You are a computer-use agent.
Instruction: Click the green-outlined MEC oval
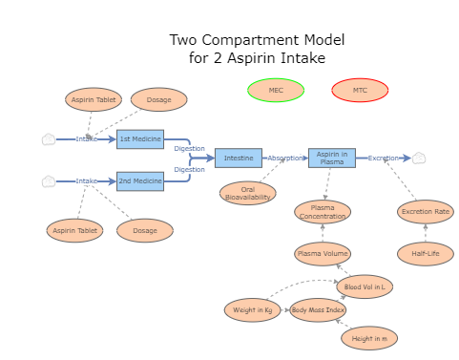point(276,91)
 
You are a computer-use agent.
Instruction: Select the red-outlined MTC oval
point(360,91)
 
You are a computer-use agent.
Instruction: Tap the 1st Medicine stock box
point(140,139)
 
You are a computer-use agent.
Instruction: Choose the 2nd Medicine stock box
point(140,180)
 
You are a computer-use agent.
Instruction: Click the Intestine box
point(239,159)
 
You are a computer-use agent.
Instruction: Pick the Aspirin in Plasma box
point(331,159)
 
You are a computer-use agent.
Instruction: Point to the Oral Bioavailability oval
point(248,193)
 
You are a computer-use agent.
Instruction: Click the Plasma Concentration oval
point(323,212)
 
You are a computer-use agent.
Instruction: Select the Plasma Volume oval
point(323,253)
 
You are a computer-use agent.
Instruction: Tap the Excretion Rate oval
point(426,212)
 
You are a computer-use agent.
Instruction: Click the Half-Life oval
point(426,253)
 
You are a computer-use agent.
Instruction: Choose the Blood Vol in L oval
point(365,286)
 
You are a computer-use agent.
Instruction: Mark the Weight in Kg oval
point(253,310)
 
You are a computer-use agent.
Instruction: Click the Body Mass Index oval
point(318,310)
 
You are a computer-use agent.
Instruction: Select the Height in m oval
point(369,338)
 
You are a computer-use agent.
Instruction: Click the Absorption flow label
point(285,159)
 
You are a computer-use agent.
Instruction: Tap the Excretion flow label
point(385,159)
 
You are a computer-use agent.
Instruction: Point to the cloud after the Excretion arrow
point(419,159)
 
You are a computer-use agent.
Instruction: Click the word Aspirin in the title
point(261,58)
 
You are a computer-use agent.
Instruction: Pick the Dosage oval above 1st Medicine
point(159,99)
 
